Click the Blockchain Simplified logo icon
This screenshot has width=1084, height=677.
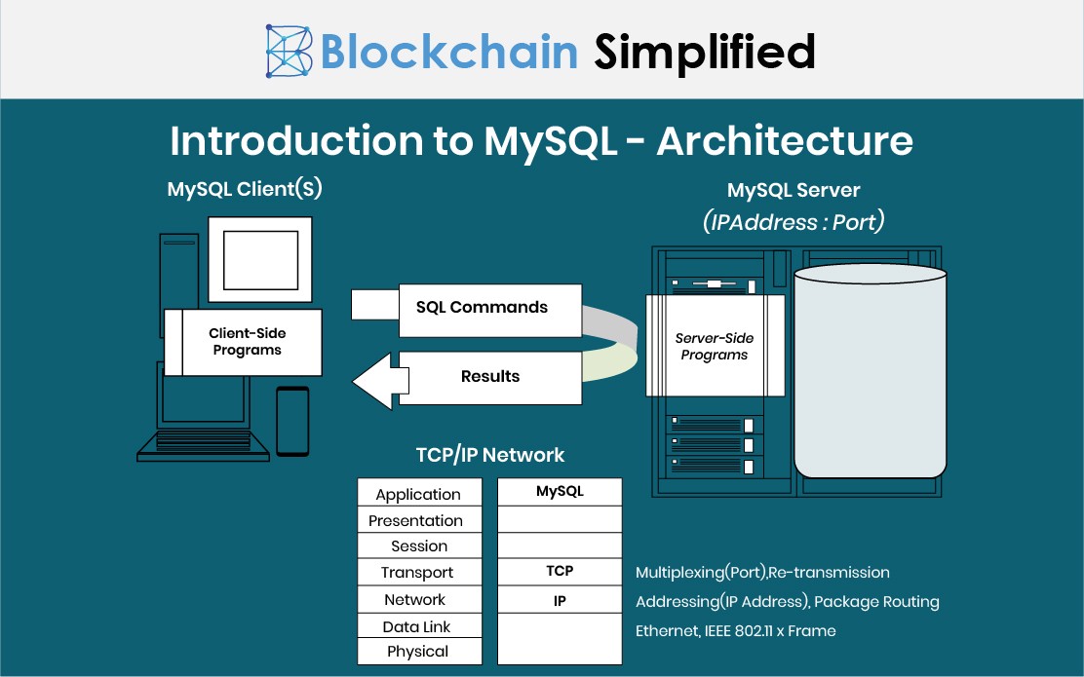[290, 51]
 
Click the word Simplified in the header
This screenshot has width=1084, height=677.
[705, 51]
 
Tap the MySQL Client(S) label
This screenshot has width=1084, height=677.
[245, 189]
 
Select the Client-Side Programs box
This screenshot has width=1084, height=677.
[247, 342]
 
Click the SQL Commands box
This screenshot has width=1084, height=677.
[489, 308]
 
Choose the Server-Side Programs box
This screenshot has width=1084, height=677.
[715, 346]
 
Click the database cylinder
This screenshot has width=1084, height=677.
[870, 370]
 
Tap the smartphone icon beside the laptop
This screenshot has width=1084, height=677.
[292, 421]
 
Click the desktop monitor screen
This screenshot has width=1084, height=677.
[259, 259]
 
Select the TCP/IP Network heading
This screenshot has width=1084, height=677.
[489, 455]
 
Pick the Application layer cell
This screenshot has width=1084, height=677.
[418, 494]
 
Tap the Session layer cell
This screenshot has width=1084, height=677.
[419, 546]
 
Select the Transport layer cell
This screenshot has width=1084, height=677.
[417, 573]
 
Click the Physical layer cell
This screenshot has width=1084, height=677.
[418, 652]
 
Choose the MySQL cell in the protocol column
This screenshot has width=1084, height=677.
[560, 492]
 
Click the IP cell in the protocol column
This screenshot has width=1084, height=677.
[560, 600]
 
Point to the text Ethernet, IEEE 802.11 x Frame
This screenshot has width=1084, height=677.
[735, 630]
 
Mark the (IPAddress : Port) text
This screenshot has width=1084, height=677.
[793, 221]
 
